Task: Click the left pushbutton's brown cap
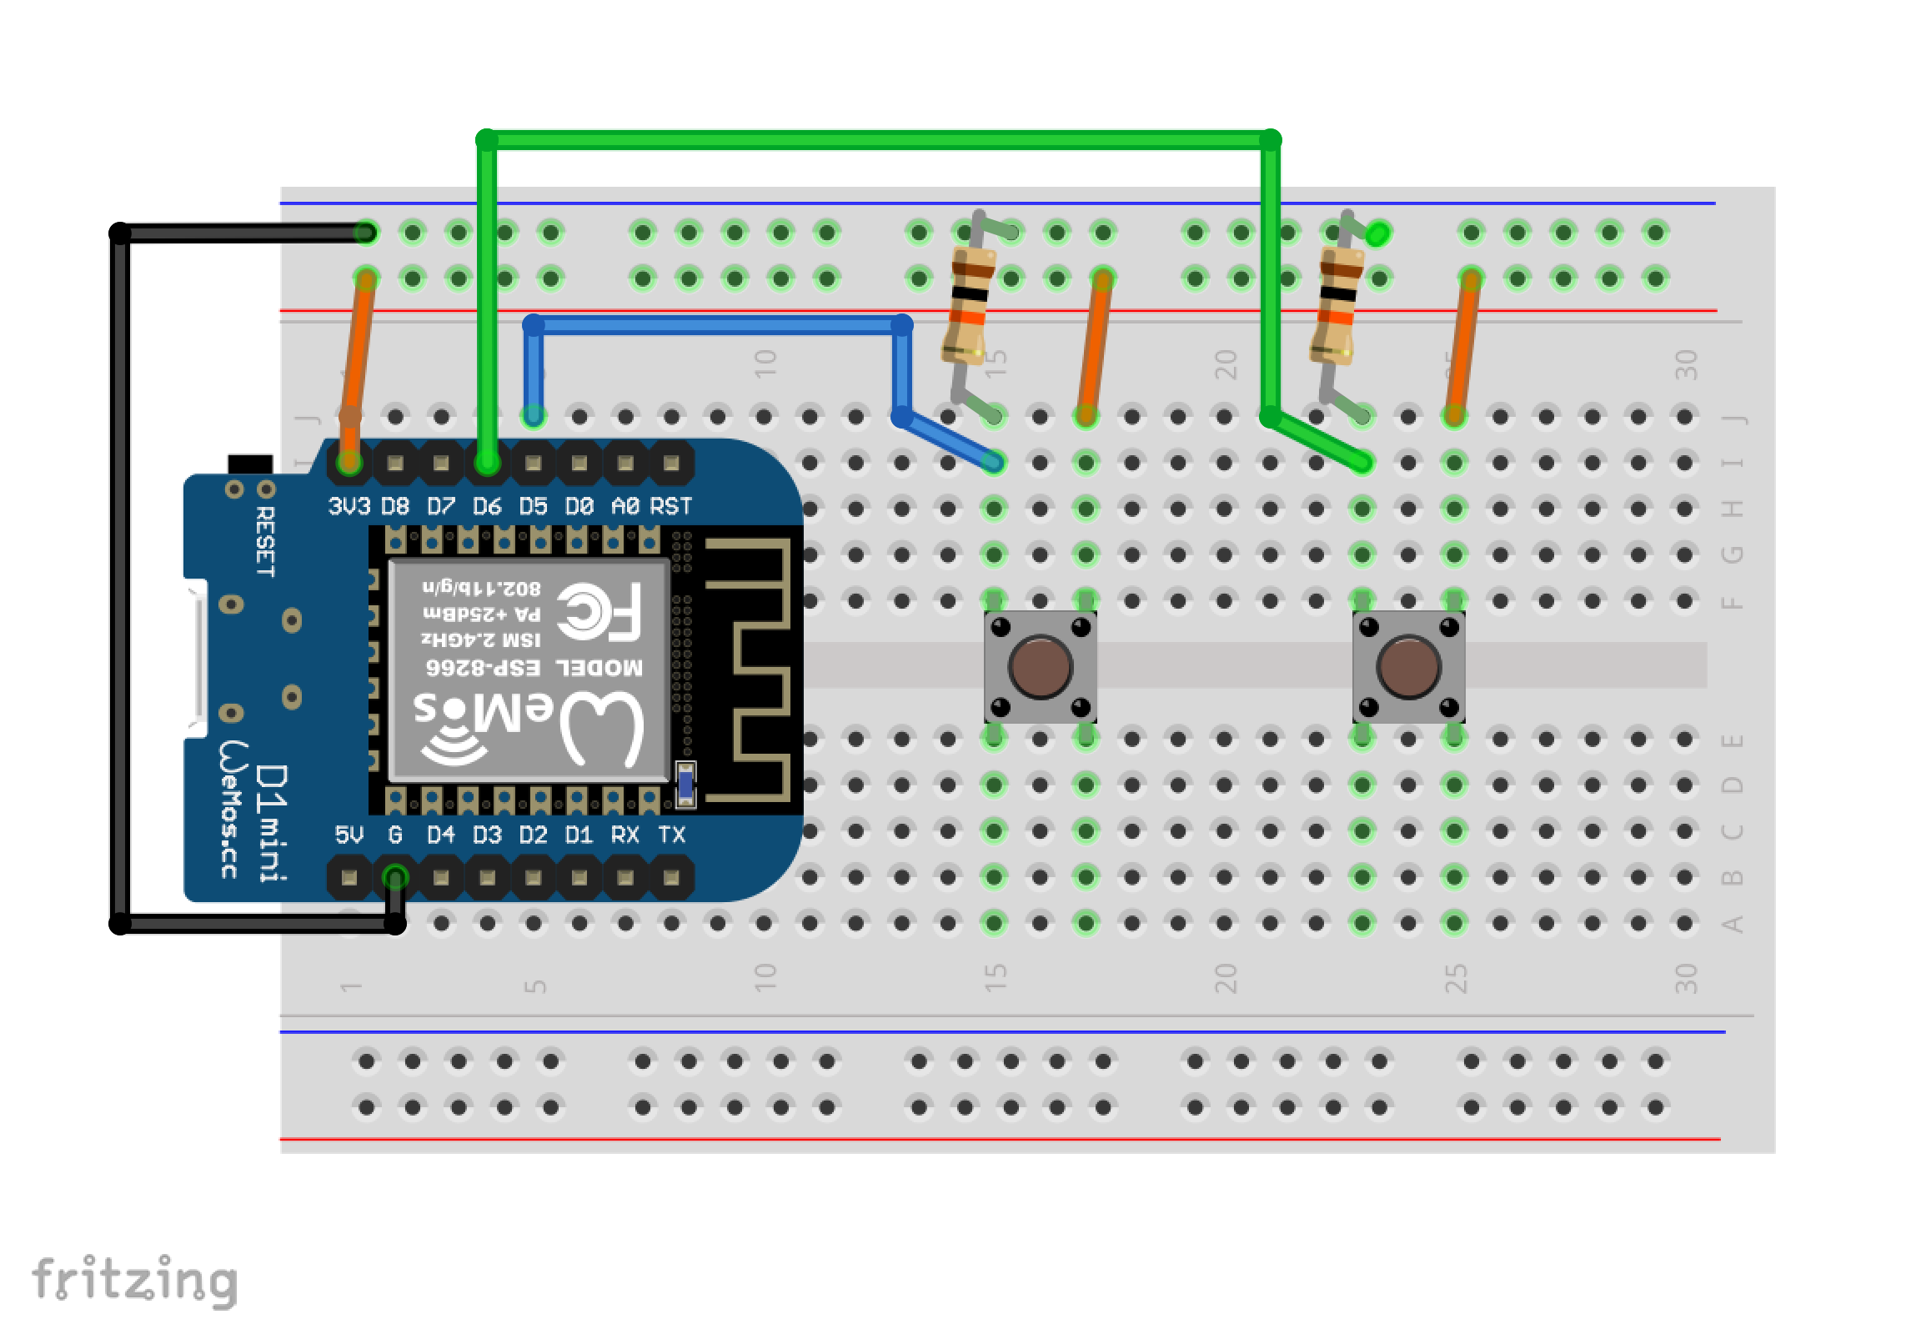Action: coord(1040,666)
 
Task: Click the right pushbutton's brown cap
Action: coord(1408,666)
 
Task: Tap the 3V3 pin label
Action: coord(349,506)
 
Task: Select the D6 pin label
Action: coord(487,506)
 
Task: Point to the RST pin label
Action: coord(670,506)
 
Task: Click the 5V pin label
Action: coord(349,835)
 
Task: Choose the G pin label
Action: coord(395,835)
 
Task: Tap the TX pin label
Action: coord(671,835)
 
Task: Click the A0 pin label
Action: coord(624,506)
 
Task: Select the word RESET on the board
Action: coord(265,541)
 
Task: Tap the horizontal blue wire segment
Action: coord(717,325)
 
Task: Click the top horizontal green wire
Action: coord(875,139)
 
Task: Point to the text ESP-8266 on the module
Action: coord(483,668)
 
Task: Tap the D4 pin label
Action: coord(441,835)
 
